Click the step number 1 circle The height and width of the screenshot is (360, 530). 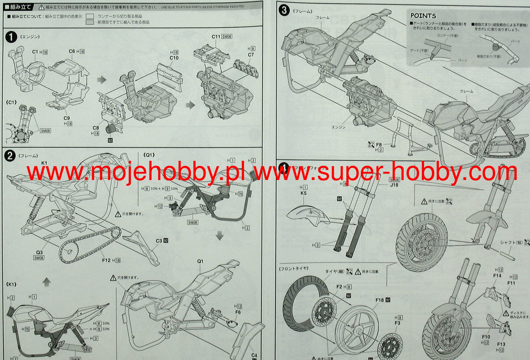(x=11, y=37)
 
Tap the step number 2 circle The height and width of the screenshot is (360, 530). (x=10, y=156)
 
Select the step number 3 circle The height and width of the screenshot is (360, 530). (x=284, y=10)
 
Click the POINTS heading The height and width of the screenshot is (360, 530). (x=423, y=16)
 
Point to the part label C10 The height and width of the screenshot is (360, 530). (x=174, y=58)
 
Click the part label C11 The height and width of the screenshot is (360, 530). (x=216, y=36)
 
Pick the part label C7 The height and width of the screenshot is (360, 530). (x=251, y=55)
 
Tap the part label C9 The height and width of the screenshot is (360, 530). (x=67, y=118)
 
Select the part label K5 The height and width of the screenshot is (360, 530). (x=303, y=193)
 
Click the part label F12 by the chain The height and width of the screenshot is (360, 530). (x=106, y=260)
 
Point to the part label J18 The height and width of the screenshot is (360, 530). (x=394, y=185)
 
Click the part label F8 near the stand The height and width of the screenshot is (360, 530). (x=379, y=145)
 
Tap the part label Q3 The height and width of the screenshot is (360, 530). (x=39, y=252)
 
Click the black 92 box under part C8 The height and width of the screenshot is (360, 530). (x=110, y=140)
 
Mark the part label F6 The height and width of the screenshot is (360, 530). (x=238, y=312)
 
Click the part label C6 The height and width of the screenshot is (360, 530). (x=72, y=51)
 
